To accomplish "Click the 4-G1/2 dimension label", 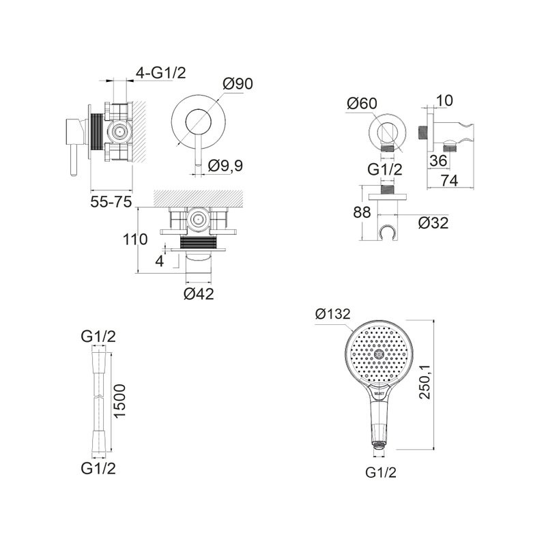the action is tap(161, 73).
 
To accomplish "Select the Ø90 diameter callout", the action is tap(238, 83).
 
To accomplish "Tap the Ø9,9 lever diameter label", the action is tap(225, 166).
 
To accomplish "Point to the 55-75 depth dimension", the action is tap(111, 201).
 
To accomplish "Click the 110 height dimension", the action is tap(135, 240).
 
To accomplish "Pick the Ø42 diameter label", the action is tap(199, 294).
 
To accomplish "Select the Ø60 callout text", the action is tap(362, 103).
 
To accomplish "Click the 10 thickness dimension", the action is tap(444, 100).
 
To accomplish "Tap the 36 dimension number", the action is tap(438, 161).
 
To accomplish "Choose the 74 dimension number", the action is tap(449, 181).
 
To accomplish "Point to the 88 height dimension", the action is tap(362, 212).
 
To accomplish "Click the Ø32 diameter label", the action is tap(433, 223).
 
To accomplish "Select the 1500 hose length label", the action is tap(119, 401).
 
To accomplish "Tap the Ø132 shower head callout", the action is tap(332, 314).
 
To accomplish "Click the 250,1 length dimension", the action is tap(425, 382).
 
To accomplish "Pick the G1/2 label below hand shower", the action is tap(381, 472).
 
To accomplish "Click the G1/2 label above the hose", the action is tap(98, 336).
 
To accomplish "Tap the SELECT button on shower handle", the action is tap(379, 393).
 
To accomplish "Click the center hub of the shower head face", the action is tap(379, 354).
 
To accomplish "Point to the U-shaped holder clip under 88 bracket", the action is tap(388, 232).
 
